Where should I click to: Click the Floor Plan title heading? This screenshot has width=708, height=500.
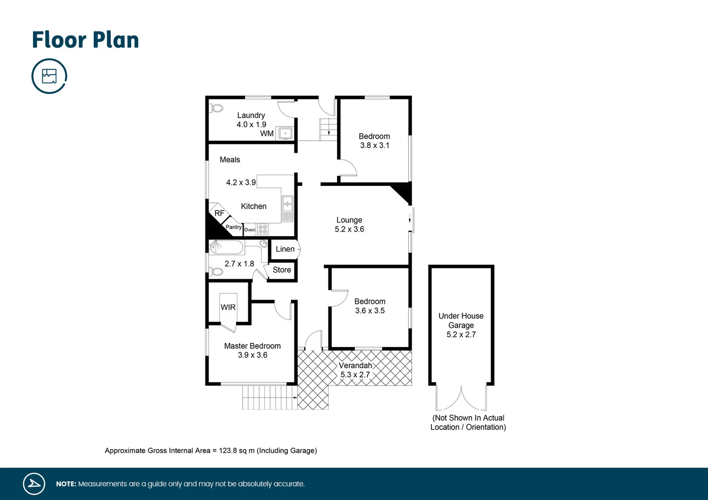click(x=85, y=40)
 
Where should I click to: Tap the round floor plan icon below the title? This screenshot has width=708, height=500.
click(x=49, y=76)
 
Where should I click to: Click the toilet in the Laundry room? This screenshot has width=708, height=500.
click(x=217, y=108)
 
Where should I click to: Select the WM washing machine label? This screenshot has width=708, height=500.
click(x=267, y=133)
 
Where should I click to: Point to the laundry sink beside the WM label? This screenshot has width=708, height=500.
click(x=285, y=133)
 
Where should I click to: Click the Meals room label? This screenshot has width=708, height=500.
click(x=230, y=159)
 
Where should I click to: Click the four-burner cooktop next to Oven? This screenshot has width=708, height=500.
click(x=263, y=230)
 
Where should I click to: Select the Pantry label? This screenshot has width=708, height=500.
click(x=234, y=227)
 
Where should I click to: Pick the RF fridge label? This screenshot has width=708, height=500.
click(x=219, y=213)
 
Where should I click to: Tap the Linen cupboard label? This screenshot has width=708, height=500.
click(x=285, y=249)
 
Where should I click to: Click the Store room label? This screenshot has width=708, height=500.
click(x=282, y=270)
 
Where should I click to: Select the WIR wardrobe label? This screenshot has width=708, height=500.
click(x=228, y=307)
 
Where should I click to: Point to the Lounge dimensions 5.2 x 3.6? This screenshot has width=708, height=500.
click(x=349, y=229)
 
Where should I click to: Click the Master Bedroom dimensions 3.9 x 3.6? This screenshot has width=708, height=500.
click(x=253, y=355)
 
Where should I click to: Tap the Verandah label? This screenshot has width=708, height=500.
click(x=355, y=366)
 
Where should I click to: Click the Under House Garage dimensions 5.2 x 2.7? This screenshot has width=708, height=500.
click(x=461, y=334)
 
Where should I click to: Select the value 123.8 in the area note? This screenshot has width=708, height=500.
click(x=228, y=450)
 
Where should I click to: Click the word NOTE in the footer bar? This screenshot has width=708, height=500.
click(x=66, y=484)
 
